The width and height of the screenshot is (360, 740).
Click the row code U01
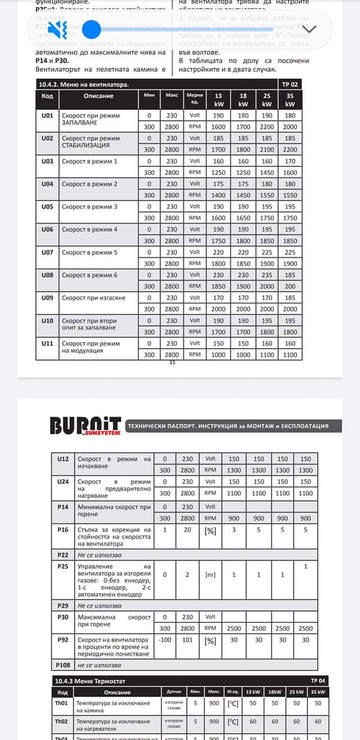(x=47, y=115)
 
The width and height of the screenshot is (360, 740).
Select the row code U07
(x=47, y=252)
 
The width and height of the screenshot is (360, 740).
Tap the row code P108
(x=62, y=665)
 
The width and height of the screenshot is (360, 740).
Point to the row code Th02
(x=61, y=721)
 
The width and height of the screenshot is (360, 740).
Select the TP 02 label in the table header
(x=290, y=84)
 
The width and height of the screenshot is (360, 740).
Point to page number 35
(x=172, y=362)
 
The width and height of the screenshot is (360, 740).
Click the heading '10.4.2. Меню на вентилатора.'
(x=84, y=84)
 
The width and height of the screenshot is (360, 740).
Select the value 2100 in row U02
(x=267, y=150)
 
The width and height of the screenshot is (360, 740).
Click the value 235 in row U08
(x=267, y=275)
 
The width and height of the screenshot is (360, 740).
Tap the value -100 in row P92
(x=165, y=640)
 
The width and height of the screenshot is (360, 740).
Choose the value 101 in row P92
(x=187, y=640)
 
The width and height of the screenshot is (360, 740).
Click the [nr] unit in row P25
(x=210, y=575)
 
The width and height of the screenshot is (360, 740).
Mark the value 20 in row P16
(x=187, y=530)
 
